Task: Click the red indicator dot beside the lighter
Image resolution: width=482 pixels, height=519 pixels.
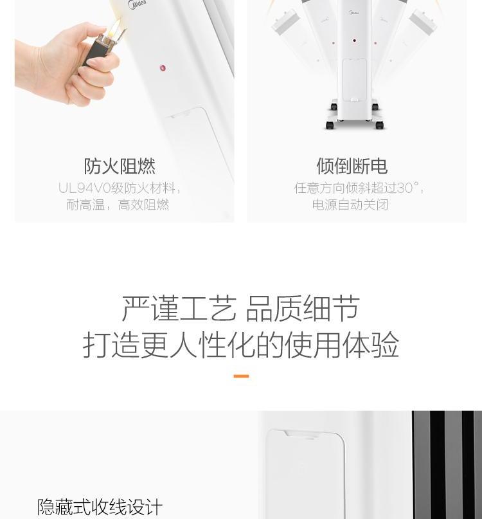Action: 163,68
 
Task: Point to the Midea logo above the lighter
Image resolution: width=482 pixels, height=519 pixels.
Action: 137,5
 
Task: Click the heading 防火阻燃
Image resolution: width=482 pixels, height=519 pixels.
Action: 120,166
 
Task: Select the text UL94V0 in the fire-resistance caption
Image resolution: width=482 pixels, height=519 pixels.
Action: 84,188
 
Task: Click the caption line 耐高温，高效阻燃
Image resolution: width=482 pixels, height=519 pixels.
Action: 118,205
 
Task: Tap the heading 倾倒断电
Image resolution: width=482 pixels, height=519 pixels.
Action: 352,166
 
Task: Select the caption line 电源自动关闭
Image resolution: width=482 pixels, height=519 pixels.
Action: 350,205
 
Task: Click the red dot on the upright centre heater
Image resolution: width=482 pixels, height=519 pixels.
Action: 354,41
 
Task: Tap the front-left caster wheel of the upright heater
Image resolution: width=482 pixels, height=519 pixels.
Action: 330,125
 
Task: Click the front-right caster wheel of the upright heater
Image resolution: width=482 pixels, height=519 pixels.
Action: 379,125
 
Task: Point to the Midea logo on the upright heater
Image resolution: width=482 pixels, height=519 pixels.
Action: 354,13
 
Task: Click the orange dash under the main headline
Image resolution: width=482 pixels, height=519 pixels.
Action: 241,376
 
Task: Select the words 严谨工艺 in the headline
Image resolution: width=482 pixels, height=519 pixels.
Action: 179,309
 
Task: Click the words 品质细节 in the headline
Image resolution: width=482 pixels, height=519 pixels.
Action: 303,309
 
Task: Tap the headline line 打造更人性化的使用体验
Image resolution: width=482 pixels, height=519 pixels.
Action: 241,345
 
